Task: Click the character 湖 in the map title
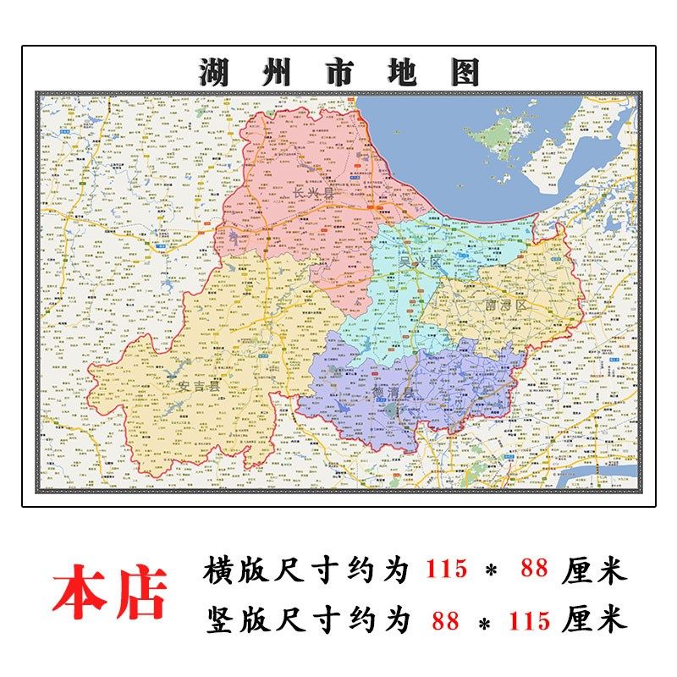coord(216,73)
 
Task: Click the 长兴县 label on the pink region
coord(312,194)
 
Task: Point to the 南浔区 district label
coord(505,304)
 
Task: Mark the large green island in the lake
coord(499,133)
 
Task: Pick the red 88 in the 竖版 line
coord(445,621)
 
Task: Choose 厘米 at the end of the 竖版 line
coord(594,621)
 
